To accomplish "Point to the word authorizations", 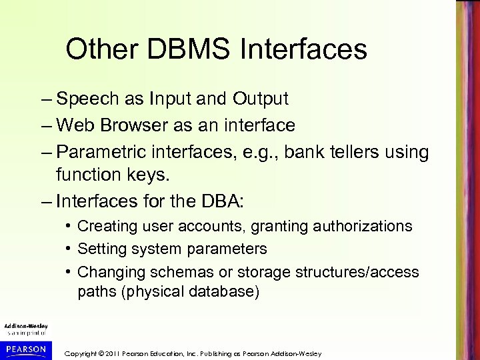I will pos(352,227).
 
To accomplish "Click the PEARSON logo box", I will pos(25,349).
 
